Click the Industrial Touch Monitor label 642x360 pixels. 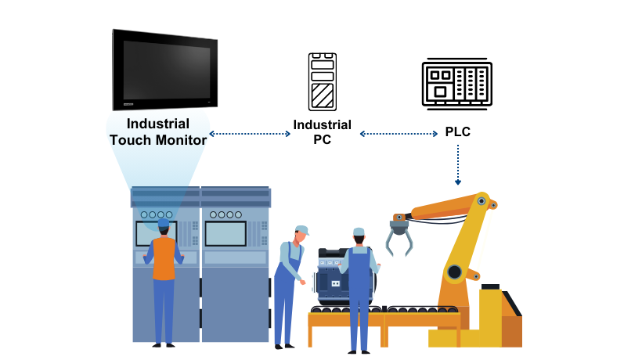coord(158,131)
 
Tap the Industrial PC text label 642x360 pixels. coord(322,132)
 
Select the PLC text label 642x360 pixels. coord(457,131)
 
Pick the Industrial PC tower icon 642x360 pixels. coord(322,81)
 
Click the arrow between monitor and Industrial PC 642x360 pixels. coord(251,134)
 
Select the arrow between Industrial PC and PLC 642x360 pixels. coord(399,134)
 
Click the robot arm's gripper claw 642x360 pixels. coord(400,236)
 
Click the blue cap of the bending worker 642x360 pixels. coord(301,230)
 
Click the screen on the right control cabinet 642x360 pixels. coord(225,233)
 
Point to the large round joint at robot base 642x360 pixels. coord(454,272)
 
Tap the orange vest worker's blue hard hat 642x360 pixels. coord(163,223)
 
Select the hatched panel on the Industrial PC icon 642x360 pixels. coord(322,97)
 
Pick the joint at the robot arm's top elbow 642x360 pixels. coord(481,201)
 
